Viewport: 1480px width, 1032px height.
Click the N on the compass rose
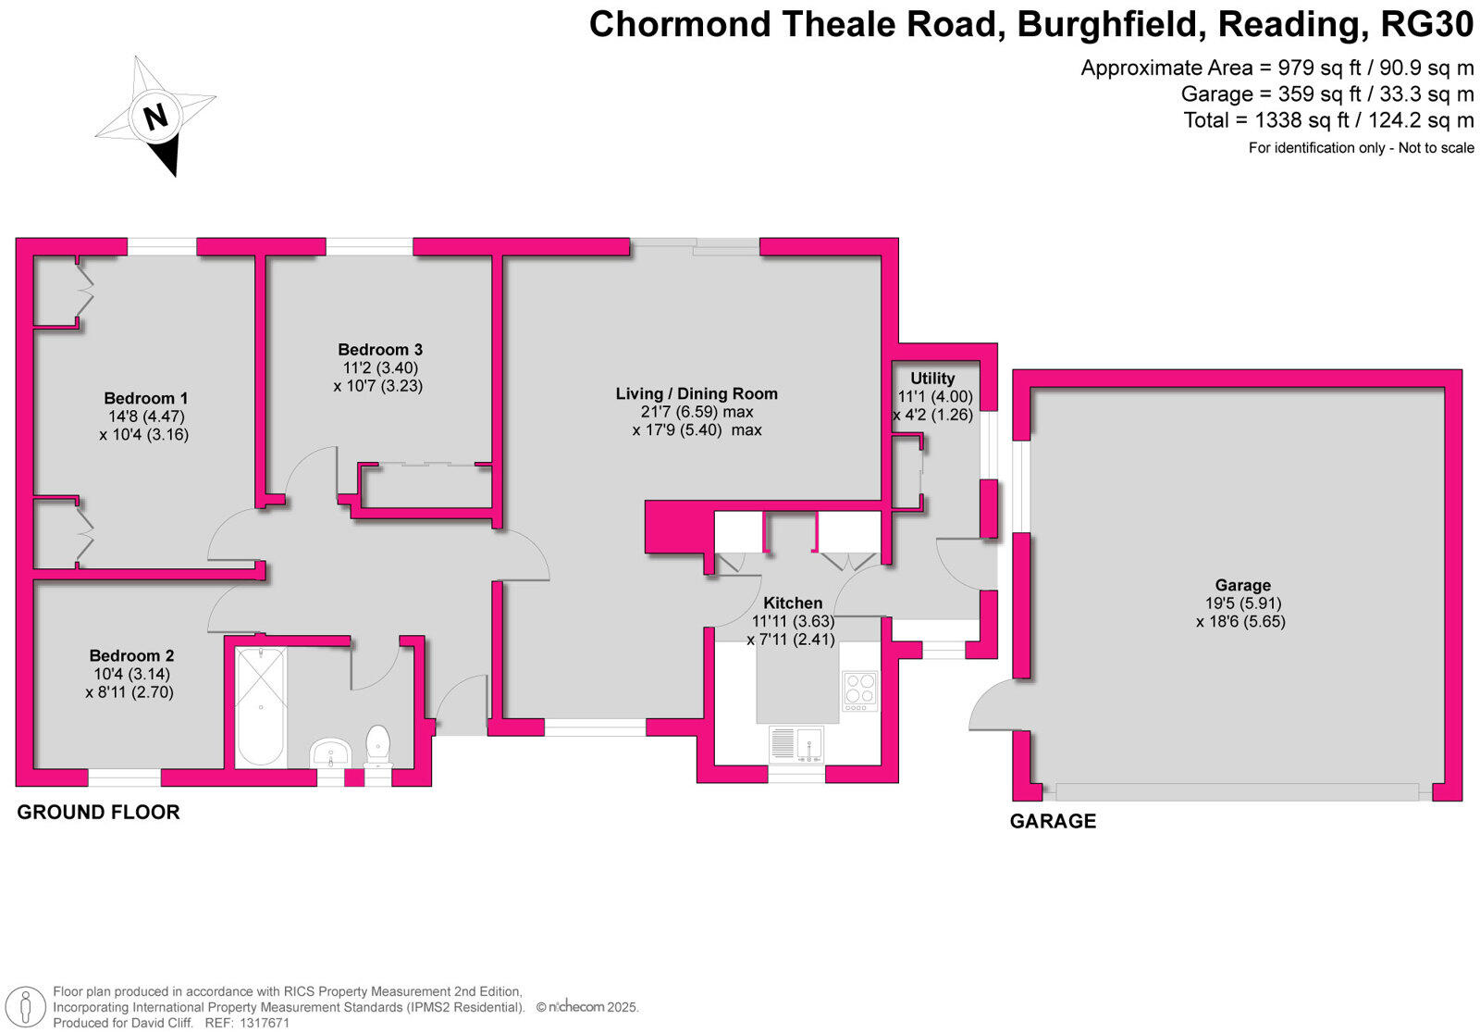pyautogui.click(x=156, y=117)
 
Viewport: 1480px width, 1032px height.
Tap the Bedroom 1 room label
pyautogui.click(x=146, y=398)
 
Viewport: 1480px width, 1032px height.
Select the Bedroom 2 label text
pyautogui.click(x=131, y=655)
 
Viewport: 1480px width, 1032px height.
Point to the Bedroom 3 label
pyautogui.click(x=380, y=349)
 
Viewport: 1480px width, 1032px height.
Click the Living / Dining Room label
pyautogui.click(x=697, y=393)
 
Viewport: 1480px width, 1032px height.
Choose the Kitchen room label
pyautogui.click(x=793, y=603)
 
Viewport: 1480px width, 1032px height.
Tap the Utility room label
pyautogui.click(x=932, y=379)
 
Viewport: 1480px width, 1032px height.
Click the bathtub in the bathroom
pyautogui.click(x=261, y=707)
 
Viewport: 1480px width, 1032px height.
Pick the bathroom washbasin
pyautogui.click(x=330, y=753)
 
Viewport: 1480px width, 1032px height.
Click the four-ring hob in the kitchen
pyautogui.click(x=860, y=690)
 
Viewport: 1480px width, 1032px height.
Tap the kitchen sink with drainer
pyautogui.click(x=796, y=744)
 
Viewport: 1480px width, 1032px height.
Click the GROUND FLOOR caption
pyautogui.click(x=98, y=812)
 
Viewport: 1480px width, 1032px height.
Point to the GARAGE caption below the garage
pyautogui.click(x=1054, y=821)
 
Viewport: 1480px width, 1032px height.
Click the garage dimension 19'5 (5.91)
pyautogui.click(x=1243, y=603)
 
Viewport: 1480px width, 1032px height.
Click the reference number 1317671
pyautogui.click(x=264, y=1023)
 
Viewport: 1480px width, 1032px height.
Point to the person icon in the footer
pyautogui.click(x=25, y=1008)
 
